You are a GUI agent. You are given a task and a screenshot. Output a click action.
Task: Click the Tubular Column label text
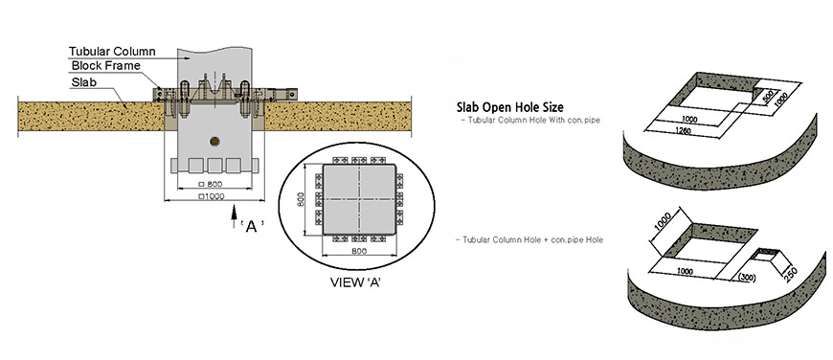click(112, 52)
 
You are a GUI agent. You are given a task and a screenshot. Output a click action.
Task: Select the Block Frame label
click(105, 66)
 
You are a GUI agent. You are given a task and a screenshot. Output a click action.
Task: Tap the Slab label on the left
click(83, 83)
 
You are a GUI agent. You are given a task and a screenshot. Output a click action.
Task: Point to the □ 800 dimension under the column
click(210, 184)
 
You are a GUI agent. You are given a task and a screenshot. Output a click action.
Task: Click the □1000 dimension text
click(211, 196)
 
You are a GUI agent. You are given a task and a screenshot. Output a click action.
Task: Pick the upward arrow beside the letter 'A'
click(234, 217)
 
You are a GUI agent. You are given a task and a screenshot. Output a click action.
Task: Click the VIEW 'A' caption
click(356, 281)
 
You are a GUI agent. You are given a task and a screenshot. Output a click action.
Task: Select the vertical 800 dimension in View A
click(300, 199)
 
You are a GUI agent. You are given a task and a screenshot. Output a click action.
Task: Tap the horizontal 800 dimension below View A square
click(359, 251)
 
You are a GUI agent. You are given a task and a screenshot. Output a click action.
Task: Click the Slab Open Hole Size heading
click(510, 106)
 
